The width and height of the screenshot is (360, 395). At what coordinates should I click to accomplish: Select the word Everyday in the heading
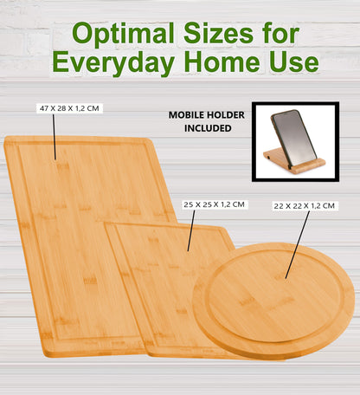[x=117, y=63]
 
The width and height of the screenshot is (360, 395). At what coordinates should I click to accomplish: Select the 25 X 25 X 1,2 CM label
[x=215, y=204]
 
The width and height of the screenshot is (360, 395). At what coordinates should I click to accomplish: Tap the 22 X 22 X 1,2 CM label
[x=304, y=205]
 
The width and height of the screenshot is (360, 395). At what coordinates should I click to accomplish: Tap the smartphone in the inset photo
[x=291, y=137]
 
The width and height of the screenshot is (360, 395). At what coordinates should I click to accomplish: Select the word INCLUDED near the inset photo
[x=207, y=127]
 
